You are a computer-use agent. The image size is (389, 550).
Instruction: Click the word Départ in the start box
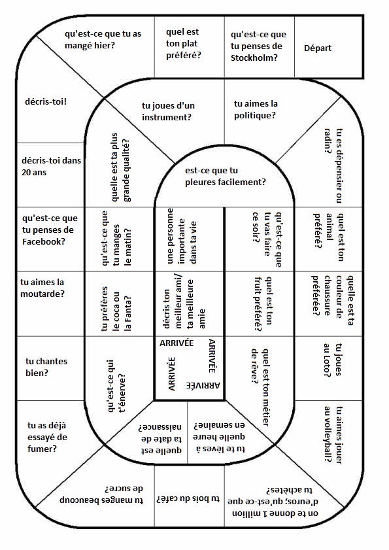tap(318, 48)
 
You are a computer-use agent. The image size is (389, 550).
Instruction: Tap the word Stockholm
tap(254, 58)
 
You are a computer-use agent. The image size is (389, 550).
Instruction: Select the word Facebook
tap(44, 242)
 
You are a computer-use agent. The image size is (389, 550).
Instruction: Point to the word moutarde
tap(42, 294)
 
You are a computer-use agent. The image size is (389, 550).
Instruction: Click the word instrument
tap(167, 117)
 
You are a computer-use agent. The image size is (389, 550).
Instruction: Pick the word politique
tap(255, 115)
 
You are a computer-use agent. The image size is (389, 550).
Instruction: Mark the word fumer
tap(42, 449)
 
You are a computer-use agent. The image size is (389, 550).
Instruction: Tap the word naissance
tap(160, 427)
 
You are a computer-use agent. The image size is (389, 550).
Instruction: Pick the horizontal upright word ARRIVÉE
tap(177, 343)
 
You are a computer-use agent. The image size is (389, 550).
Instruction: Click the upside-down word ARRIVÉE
tap(203, 385)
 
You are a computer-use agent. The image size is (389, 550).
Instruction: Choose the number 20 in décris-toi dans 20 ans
tap(27, 173)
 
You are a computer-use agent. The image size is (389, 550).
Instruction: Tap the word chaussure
tap(328, 296)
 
